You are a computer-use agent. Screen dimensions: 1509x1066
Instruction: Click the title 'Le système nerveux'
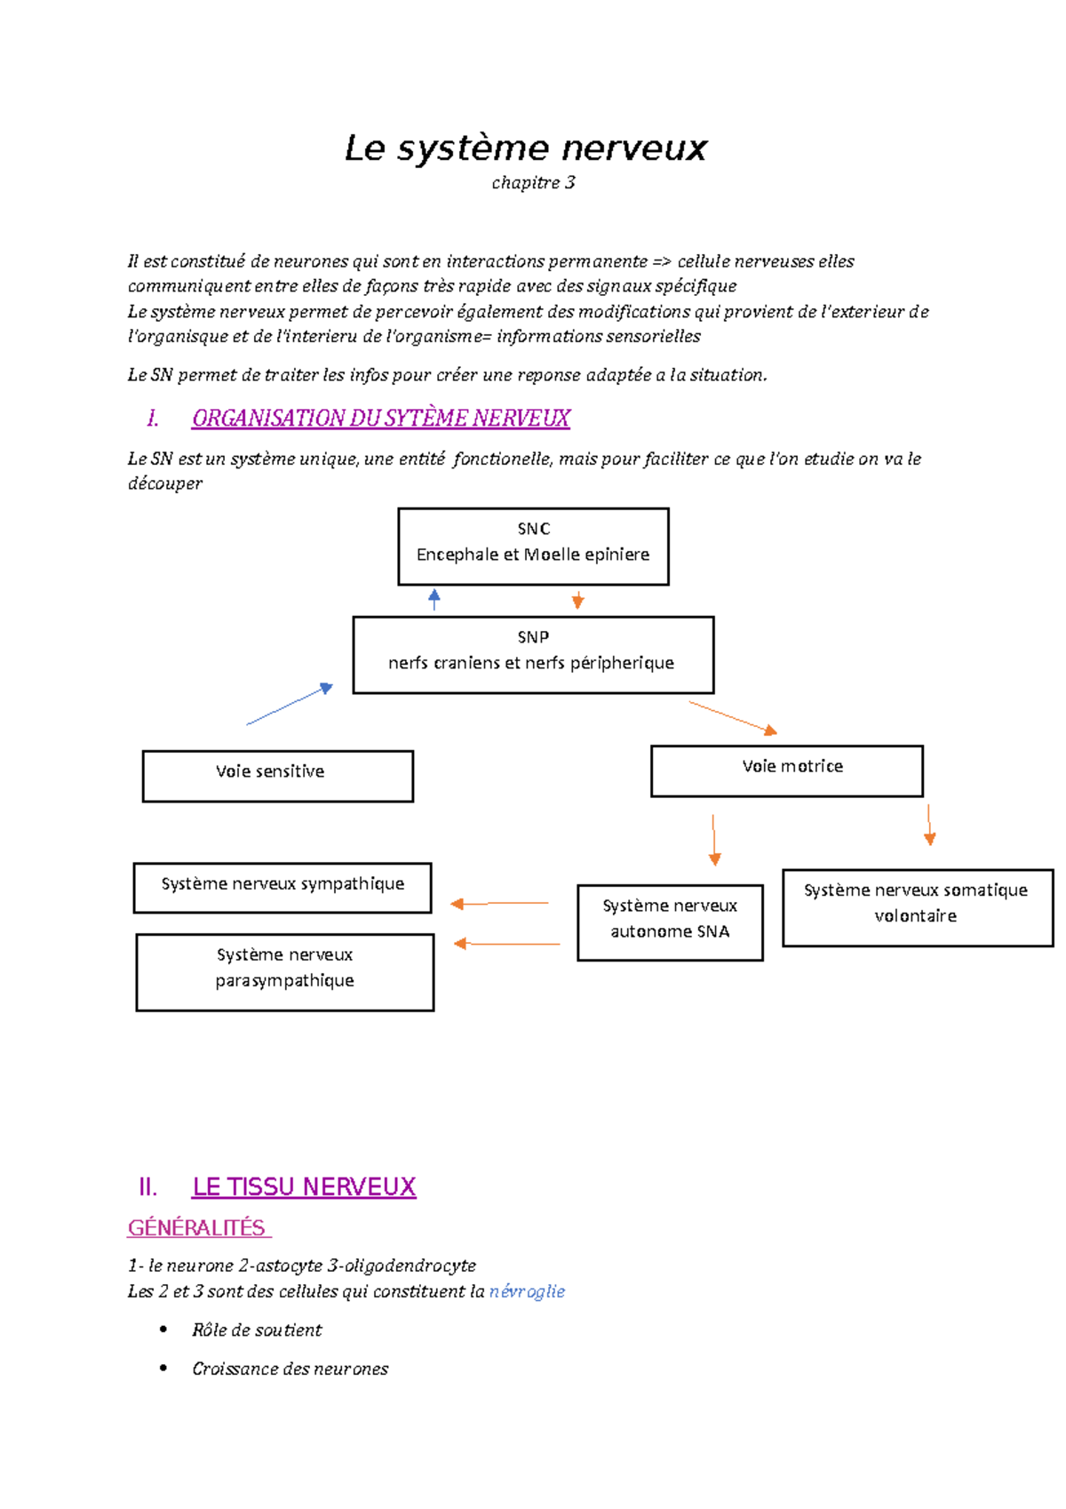tap(525, 148)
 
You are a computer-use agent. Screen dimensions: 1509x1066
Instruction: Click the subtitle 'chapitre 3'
tap(533, 183)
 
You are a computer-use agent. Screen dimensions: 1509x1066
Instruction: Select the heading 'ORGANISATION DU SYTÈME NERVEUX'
tap(380, 419)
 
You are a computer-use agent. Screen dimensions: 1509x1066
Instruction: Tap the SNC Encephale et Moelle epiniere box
tap(533, 546)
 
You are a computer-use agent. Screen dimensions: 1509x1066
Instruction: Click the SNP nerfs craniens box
tap(533, 654)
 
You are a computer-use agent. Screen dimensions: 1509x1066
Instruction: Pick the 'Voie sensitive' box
tap(277, 776)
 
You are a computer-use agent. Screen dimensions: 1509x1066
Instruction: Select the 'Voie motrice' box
tap(786, 770)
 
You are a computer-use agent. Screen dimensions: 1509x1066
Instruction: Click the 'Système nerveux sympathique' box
tap(282, 887)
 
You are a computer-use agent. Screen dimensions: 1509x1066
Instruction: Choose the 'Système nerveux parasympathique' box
tap(284, 971)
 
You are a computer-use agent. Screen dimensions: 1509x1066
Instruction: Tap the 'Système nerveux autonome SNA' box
tap(670, 922)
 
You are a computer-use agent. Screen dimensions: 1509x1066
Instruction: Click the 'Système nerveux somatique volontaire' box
tap(917, 906)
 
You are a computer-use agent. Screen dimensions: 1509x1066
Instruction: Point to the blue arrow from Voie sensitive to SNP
tap(290, 705)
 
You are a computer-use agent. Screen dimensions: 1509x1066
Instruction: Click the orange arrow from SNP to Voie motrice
tap(733, 717)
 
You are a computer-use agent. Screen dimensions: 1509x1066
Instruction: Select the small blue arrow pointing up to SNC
tap(434, 600)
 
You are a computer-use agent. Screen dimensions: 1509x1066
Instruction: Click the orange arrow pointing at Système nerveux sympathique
tap(499, 904)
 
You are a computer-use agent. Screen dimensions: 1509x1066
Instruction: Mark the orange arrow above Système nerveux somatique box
tap(929, 824)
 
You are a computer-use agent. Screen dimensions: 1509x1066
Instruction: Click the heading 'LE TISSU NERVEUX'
tap(304, 1187)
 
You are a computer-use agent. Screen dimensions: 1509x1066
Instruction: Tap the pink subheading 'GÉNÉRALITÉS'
tap(197, 1228)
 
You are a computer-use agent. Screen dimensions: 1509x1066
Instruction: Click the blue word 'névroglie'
tap(527, 1291)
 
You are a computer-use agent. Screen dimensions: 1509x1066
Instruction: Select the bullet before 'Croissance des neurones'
tap(163, 1368)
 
